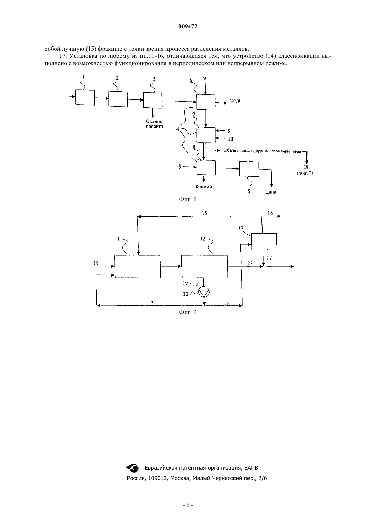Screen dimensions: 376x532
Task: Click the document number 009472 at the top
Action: click(188, 27)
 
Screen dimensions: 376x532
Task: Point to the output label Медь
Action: click(235, 101)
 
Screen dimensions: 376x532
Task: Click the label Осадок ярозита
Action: click(154, 124)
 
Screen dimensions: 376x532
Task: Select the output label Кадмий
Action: click(203, 187)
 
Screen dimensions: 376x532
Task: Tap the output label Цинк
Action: click(271, 192)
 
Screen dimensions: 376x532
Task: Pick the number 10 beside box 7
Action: click(230, 139)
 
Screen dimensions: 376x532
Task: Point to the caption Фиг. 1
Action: click(188, 199)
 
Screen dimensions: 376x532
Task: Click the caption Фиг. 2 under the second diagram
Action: click(188, 312)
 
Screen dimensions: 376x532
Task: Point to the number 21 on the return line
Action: click(153, 302)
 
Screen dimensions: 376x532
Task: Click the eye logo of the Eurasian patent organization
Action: click(133, 468)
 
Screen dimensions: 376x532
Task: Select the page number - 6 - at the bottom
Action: click(188, 505)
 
